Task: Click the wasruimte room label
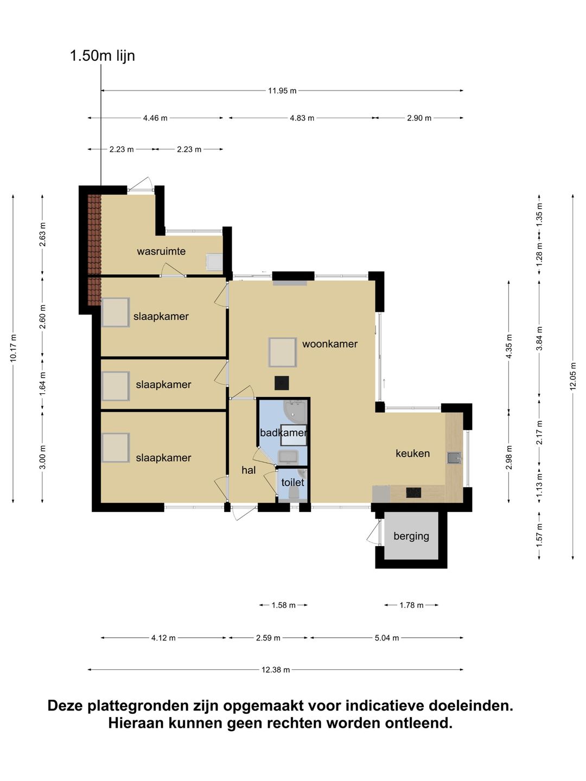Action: click(x=161, y=252)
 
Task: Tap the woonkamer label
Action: click(x=330, y=344)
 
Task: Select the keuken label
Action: click(x=413, y=453)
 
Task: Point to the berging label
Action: click(x=411, y=536)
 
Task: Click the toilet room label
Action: click(x=292, y=483)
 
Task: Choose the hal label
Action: click(x=249, y=470)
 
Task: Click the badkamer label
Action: click(x=284, y=433)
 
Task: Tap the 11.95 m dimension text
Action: click(x=282, y=91)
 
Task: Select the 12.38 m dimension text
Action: click(x=276, y=670)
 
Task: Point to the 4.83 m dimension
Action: click(x=302, y=118)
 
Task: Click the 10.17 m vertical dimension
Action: click(x=14, y=348)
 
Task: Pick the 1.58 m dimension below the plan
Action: click(x=284, y=605)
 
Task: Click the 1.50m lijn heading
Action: click(x=103, y=56)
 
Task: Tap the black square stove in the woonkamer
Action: click(x=282, y=383)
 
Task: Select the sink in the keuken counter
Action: click(x=454, y=458)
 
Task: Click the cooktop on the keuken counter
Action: click(x=414, y=493)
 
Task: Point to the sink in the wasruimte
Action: click(x=215, y=263)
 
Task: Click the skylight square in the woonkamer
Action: click(x=283, y=352)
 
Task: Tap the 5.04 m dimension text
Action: click(x=387, y=638)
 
